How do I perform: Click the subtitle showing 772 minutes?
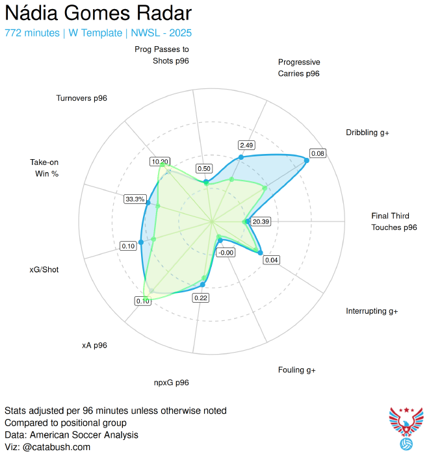point(98,32)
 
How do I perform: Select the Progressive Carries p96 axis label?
point(298,68)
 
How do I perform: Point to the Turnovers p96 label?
point(81,98)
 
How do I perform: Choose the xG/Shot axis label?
point(44,269)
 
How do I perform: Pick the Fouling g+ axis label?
point(296,370)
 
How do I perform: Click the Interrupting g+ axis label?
point(372,311)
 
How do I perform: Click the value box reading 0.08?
point(318,153)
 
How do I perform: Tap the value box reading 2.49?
point(246,144)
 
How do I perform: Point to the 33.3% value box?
point(135,199)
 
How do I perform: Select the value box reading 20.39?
point(261,222)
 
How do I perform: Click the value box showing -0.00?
point(226,253)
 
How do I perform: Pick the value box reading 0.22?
point(201,298)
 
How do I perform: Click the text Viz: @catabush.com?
point(47,447)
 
